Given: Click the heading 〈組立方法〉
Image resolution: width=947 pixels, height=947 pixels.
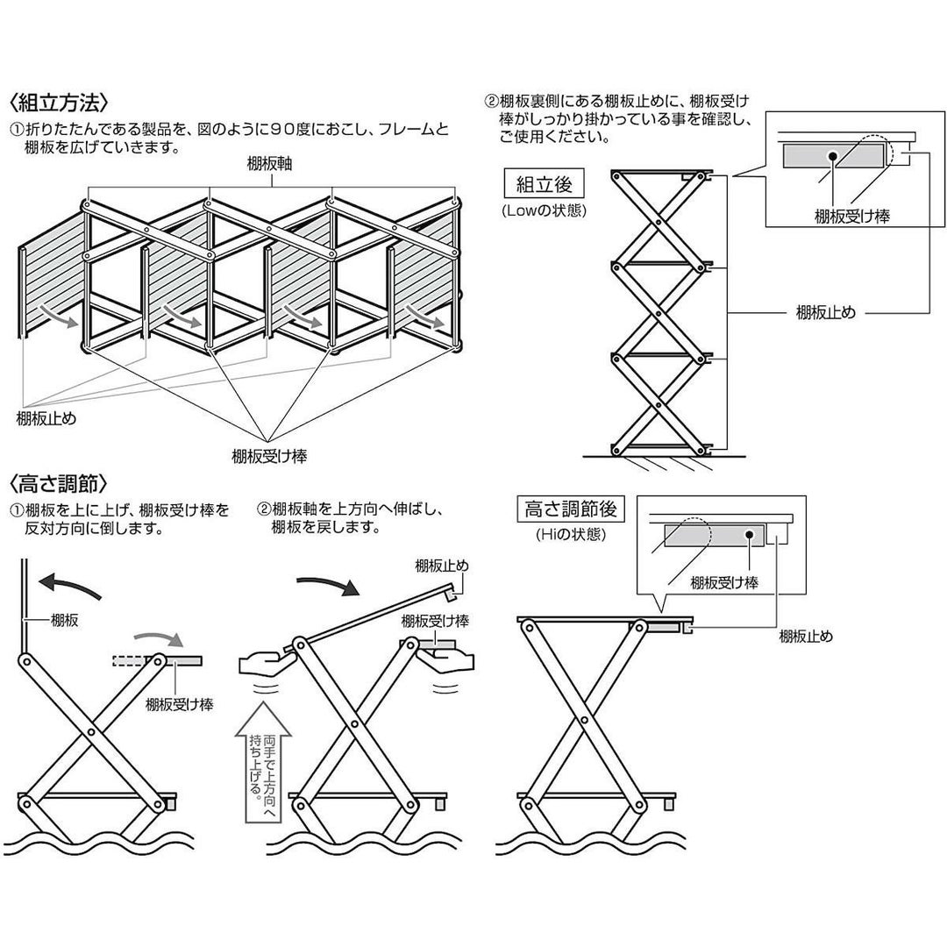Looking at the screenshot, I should tap(59, 102).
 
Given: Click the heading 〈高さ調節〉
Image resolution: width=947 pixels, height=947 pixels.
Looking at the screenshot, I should tap(59, 483).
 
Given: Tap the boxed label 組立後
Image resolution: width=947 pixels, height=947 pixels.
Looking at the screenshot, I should tap(544, 185).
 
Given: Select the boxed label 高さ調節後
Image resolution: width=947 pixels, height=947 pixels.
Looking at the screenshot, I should tap(573, 509).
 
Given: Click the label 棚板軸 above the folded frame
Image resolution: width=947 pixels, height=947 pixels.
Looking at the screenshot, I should tap(270, 165).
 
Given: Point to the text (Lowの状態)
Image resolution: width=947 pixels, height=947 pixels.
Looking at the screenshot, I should tap(544, 210).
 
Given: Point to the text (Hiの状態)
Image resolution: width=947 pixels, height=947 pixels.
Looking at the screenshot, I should tap(573, 533).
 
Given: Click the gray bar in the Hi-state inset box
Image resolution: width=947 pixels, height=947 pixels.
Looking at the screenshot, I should tap(715, 537).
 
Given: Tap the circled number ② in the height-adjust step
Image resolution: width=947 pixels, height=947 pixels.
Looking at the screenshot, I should tap(263, 509).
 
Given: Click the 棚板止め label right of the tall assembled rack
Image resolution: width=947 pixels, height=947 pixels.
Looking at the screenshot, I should tap(825, 313).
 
